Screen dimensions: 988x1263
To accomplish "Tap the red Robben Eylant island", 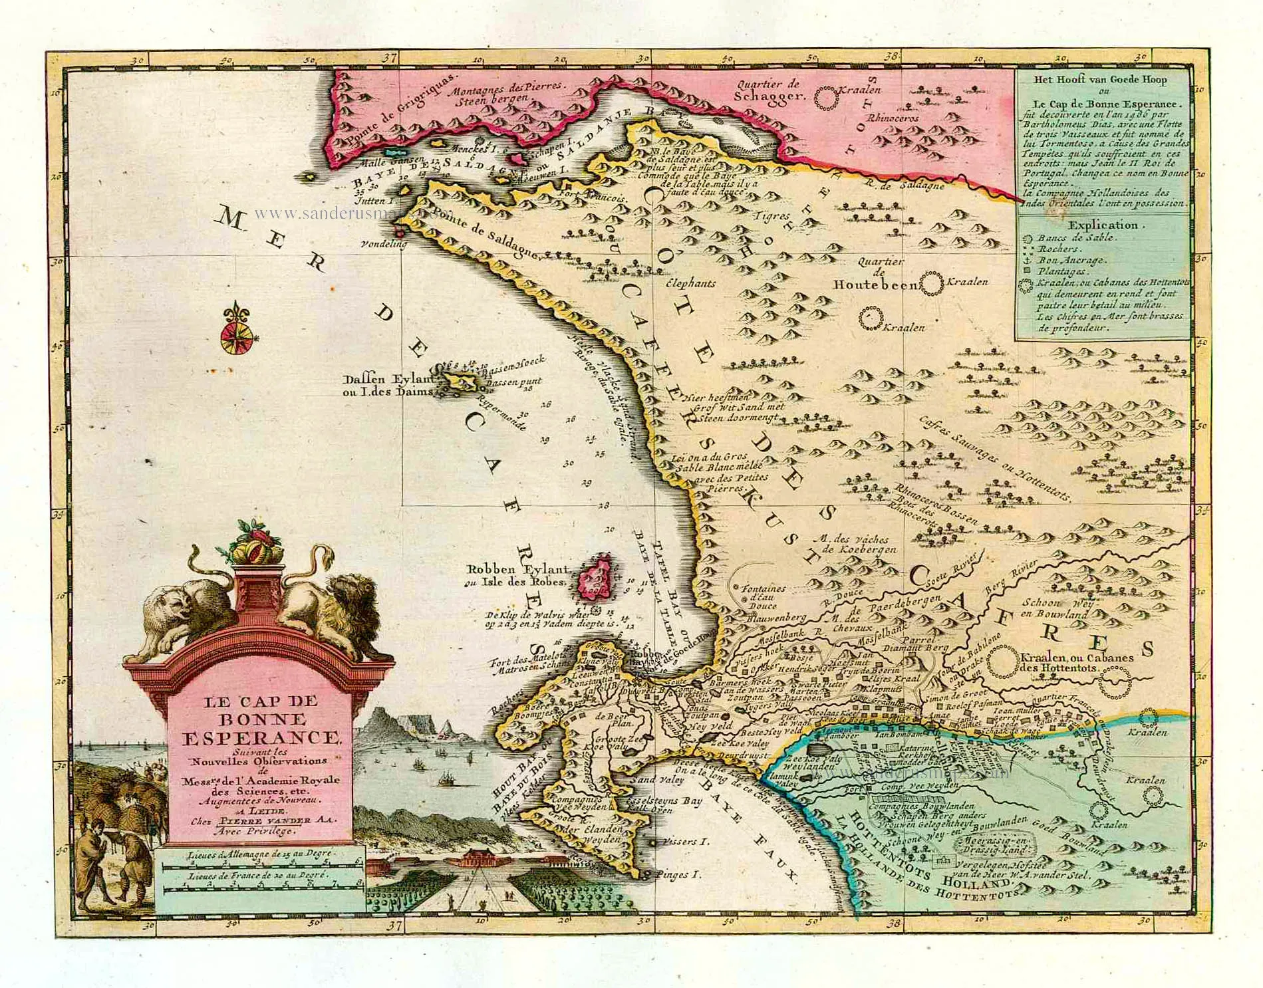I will tap(596, 574).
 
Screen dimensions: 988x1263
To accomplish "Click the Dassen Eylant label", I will tap(386, 379).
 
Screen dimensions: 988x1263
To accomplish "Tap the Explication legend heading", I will tap(1103, 225).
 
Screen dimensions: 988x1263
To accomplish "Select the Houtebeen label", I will tap(876, 285).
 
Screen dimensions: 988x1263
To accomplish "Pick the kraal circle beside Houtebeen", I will tap(931, 285).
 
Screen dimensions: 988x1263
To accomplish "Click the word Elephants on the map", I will tap(690, 283).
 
